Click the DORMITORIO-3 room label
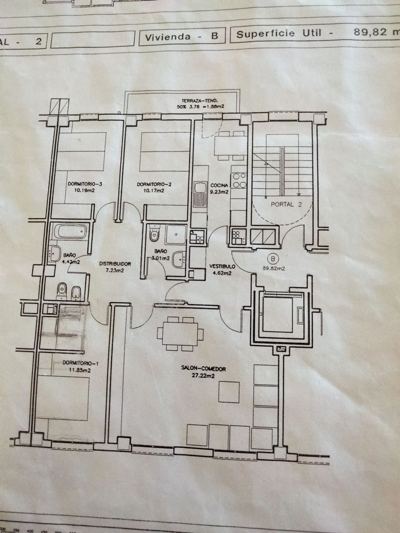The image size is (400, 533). point(81,184)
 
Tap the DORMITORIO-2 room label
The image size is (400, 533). point(150,184)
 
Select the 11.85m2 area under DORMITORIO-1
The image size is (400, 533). point(80,370)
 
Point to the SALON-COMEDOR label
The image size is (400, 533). point(203,369)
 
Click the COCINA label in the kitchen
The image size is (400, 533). point(219,185)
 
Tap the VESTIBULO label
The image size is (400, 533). point(222,266)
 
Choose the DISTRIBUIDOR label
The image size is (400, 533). point(115,264)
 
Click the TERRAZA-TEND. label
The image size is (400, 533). point(200,101)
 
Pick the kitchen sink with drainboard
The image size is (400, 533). point(200,195)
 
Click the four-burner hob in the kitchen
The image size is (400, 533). point(239,180)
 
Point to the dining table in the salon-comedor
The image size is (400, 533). point(180,333)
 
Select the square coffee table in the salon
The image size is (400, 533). point(229,392)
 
